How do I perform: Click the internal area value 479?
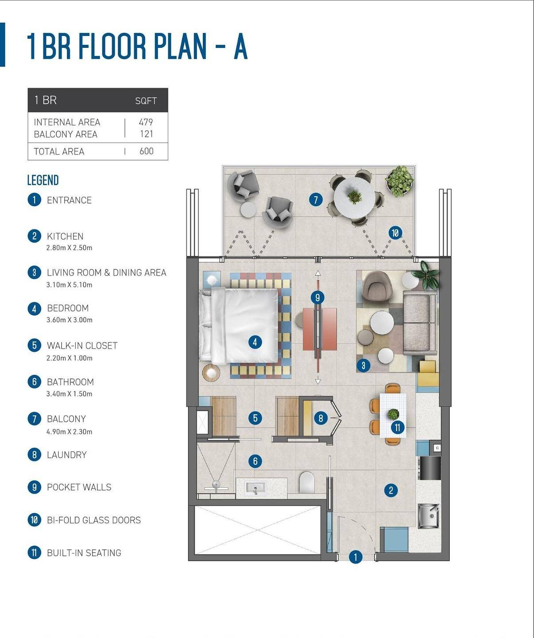(x=146, y=122)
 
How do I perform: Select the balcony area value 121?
(x=146, y=134)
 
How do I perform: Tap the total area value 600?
(x=146, y=151)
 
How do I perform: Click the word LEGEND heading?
(x=43, y=180)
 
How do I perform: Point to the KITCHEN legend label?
(x=65, y=236)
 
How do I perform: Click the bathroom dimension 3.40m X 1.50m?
(x=70, y=394)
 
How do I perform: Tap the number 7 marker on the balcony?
(x=316, y=200)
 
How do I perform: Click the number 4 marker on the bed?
(x=255, y=342)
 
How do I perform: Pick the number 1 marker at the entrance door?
(x=356, y=557)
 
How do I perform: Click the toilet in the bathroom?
(x=307, y=482)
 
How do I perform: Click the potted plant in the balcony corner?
(x=399, y=181)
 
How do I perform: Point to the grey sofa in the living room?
(x=420, y=323)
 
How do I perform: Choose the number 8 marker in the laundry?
(x=321, y=418)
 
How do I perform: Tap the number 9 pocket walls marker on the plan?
(x=317, y=297)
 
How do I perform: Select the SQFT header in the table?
(x=146, y=101)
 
